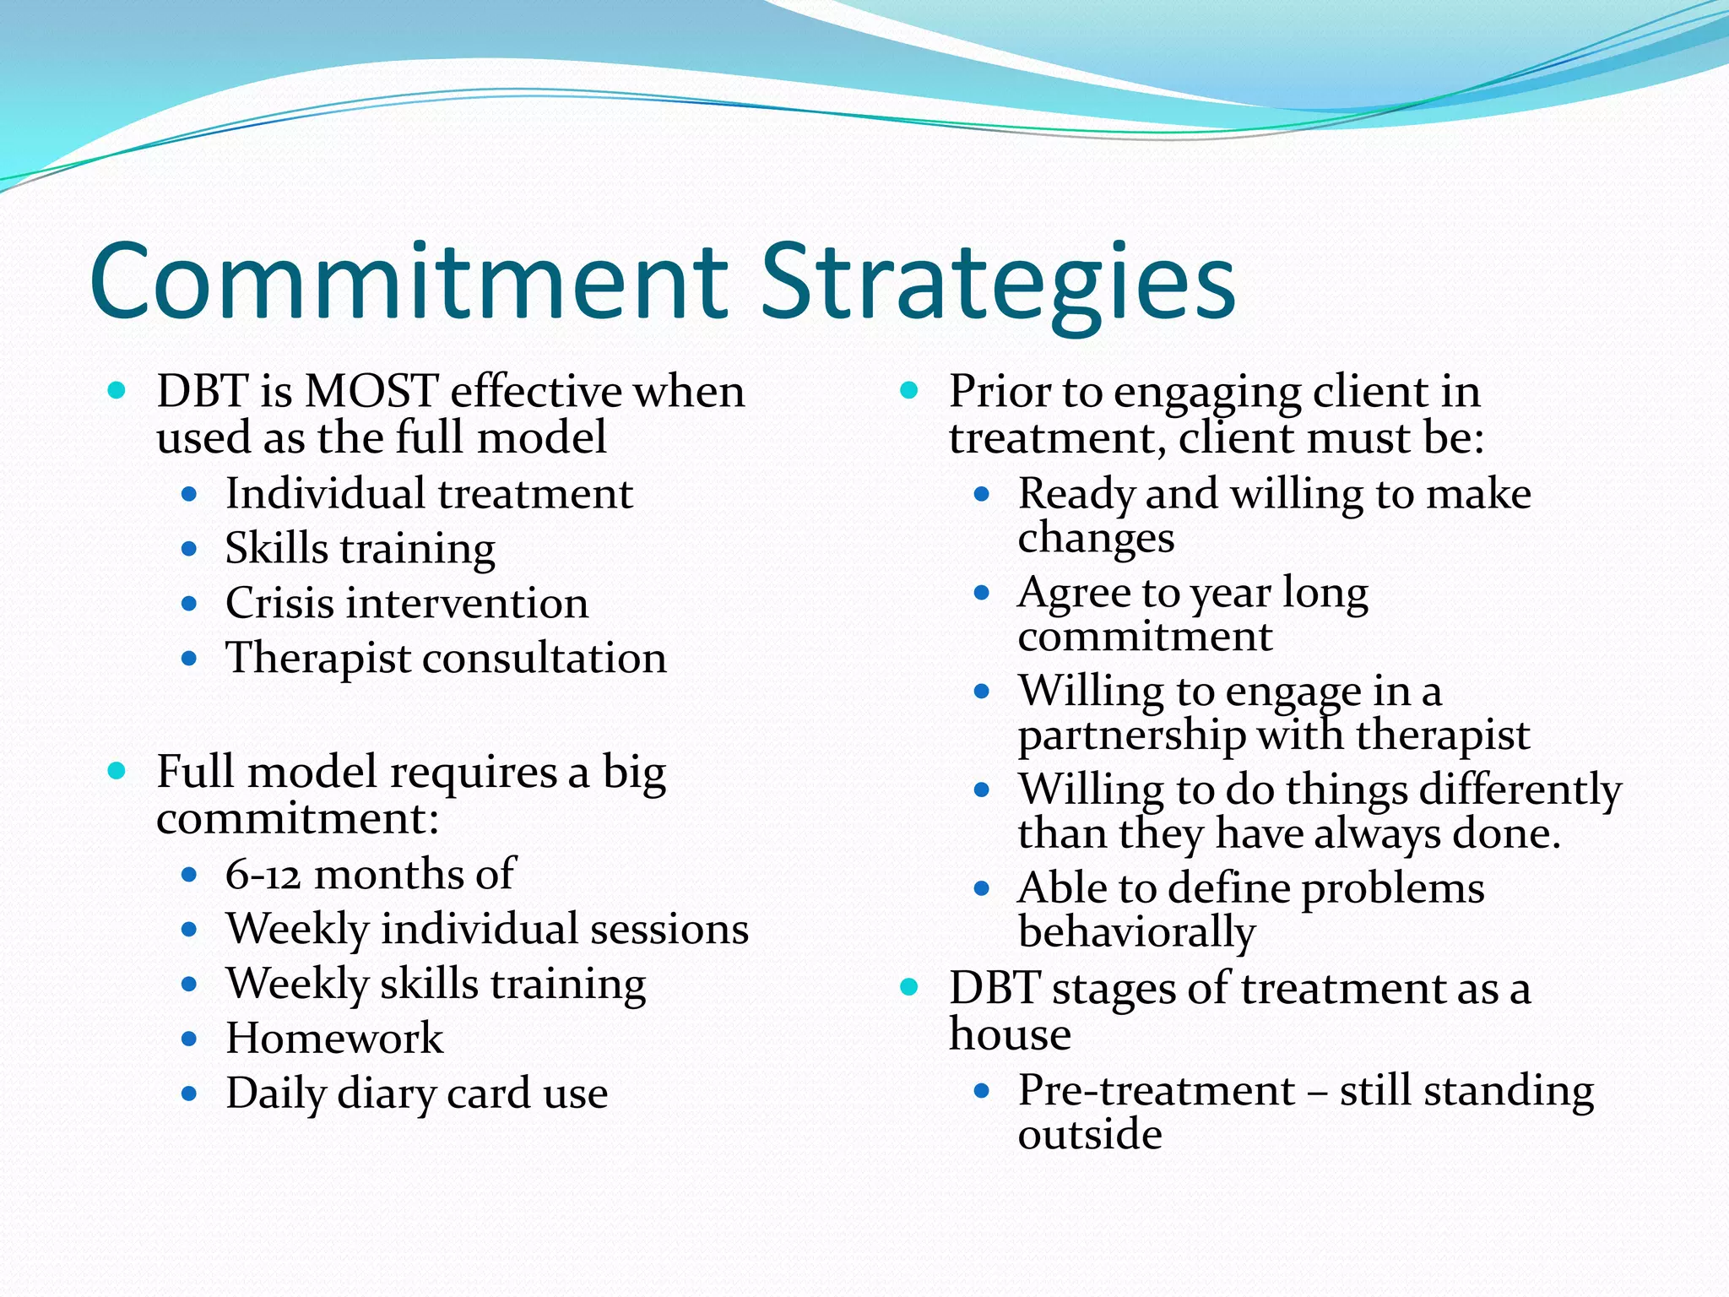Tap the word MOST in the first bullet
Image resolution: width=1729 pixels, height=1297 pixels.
pos(371,392)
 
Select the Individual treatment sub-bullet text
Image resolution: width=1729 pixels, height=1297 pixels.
pos(429,494)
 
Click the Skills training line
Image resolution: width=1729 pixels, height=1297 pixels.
pos(360,549)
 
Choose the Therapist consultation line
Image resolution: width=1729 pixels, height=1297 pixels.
pos(446,659)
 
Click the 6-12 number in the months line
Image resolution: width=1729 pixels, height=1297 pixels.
pos(263,874)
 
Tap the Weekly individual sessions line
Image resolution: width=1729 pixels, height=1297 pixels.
pos(487,929)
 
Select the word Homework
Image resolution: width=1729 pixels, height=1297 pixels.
pos(334,1039)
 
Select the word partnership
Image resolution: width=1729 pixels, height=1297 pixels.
pos(1131,735)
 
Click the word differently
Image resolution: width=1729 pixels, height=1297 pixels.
pos(1520,790)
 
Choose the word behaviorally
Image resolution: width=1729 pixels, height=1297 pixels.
pos(1136,932)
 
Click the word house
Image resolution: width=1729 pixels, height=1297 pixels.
pos(1010,1034)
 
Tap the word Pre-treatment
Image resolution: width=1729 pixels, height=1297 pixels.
pos(1156,1090)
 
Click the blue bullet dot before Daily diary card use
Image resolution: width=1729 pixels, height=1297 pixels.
pos(189,1094)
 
